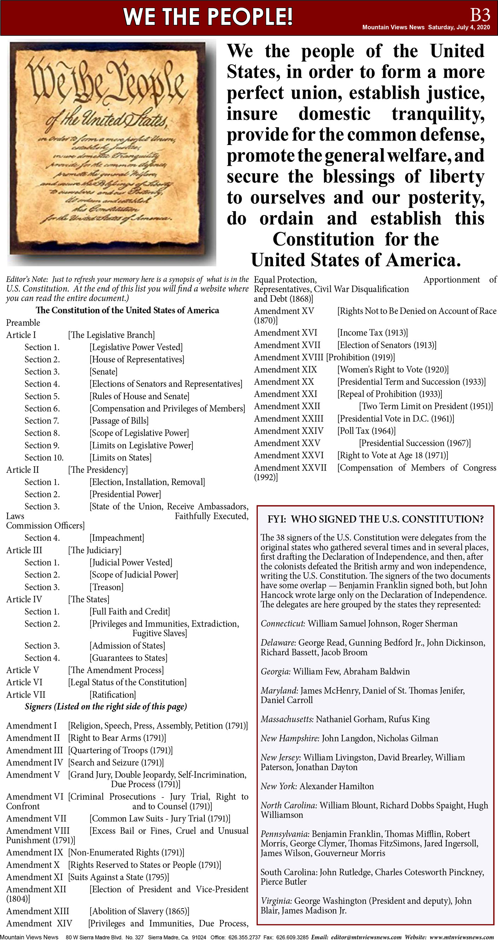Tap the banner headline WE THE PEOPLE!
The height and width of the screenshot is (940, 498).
click(208, 17)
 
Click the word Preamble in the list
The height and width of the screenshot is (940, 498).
click(23, 323)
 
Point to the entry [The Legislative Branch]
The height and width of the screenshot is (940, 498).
click(111, 335)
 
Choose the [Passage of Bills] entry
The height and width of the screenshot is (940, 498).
click(119, 421)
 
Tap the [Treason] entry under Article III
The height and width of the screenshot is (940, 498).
click(106, 587)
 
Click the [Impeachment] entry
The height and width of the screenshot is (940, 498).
click(117, 538)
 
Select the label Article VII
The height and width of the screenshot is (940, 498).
click(25, 695)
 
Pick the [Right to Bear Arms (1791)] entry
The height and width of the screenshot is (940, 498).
click(117, 738)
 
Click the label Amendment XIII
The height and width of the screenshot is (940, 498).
click(37, 911)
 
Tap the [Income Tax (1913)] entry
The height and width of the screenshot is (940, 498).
click(372, 332)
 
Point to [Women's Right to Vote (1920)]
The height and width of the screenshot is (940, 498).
click(393, 369)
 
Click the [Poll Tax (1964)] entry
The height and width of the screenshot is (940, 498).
click(366, 431)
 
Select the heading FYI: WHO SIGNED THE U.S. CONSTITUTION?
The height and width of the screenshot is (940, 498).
click(375, 519)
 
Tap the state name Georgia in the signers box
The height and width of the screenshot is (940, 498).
click(276, 671)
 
